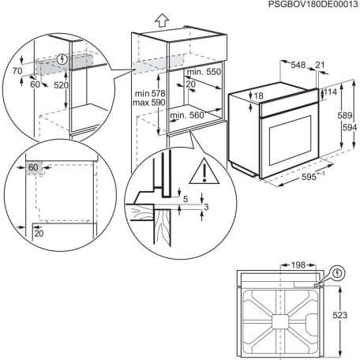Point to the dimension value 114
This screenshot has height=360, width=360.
(x=329, y=93)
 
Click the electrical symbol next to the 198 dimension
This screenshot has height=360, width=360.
(x=339, y=273)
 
